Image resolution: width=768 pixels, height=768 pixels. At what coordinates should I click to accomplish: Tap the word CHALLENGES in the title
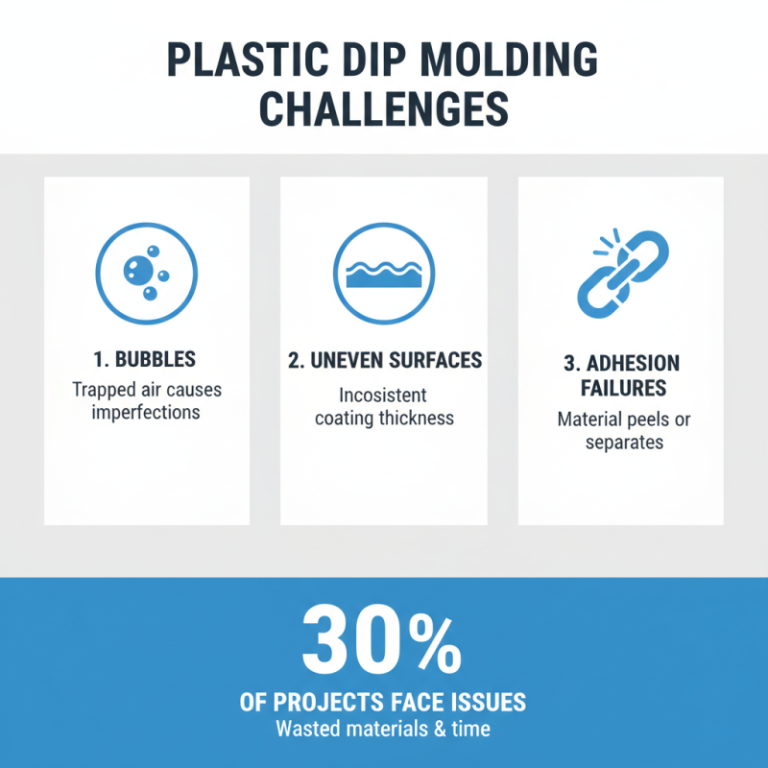click(x=384, y=109)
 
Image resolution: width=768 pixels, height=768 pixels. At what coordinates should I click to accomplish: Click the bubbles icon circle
click(x=146, y=271)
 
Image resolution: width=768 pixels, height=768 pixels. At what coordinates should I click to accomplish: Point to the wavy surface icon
click(x=383, y=271)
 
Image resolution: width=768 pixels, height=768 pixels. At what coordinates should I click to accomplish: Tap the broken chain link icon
click(x=620, y=273)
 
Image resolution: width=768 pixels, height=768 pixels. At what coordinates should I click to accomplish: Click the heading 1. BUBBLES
click(x=146, y=360)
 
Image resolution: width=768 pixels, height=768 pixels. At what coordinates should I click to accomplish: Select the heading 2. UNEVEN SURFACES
click(x=384, y=361)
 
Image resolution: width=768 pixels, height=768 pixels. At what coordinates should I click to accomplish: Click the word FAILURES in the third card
click(x=620, y=389)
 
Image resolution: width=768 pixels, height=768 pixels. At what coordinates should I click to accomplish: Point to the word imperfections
click(x=146, y=413)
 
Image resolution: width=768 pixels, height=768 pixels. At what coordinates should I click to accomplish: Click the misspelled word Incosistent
click(x=383, y=395)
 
